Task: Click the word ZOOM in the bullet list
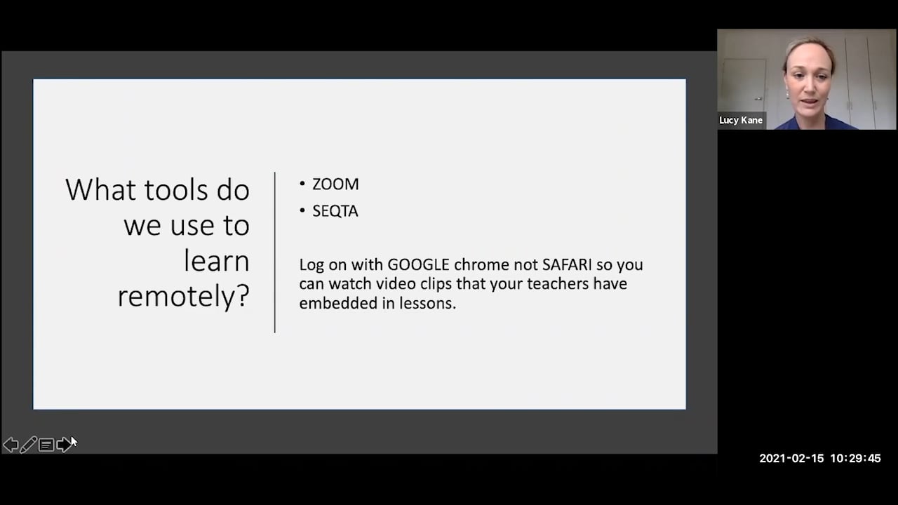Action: pos(335,184)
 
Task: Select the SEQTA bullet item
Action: pos(335,211)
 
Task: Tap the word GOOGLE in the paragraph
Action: pos(418,264)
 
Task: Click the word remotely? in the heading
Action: pos(183,296)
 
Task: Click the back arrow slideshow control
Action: pos(11,445)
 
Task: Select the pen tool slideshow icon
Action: pos(29,445)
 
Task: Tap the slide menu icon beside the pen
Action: pos(46,445)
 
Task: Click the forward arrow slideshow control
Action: pos(64,445)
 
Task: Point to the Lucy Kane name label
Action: pos(741,121)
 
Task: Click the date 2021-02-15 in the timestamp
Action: pos(791,459)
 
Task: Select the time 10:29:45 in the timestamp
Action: pos(855,459)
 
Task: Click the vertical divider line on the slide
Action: pos(275,252)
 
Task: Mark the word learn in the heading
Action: pos(216,261)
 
